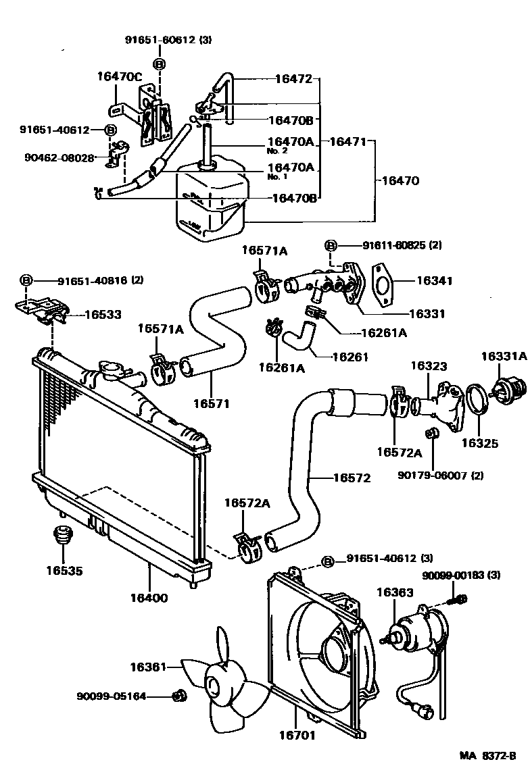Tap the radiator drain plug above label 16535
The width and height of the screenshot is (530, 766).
point(63,537)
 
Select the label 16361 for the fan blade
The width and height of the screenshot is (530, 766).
point(148,667)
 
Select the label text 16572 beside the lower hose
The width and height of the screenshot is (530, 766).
point(352,478)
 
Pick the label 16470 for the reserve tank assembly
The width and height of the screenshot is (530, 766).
point(400,181)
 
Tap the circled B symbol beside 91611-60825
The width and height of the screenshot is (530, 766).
point(331,245)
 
